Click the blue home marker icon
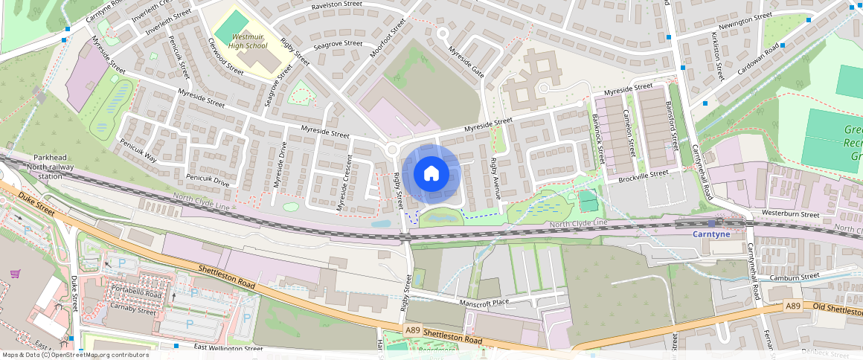pyautogui.click(x=431, y=174)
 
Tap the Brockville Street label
pyautogui.click(x=643, y=176)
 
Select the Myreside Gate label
pyautogui.click(x=466, y=62)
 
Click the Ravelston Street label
pyautogui.click(x=336, y=9)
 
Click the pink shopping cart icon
pyautogui.click(x=14, y=273)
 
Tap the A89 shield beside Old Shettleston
pyautogui.click(x=794, y=306)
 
